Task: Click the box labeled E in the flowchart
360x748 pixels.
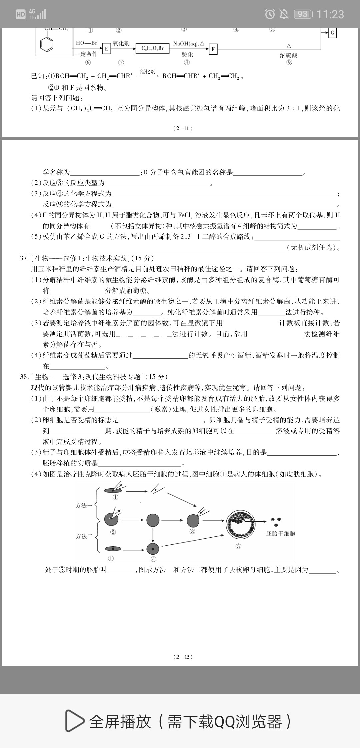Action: [106, 49]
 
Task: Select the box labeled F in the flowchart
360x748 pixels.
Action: [213, 50]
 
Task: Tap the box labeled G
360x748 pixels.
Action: [332, 33]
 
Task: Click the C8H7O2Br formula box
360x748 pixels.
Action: [153, 49]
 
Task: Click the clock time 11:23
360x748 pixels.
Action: [330, 14]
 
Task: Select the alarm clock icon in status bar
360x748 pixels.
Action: [270, 14]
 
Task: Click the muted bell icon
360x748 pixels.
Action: [284, 14]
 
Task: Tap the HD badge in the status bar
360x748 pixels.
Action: [21, 14]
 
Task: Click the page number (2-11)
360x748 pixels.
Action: [183, 128]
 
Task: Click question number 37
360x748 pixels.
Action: [24, 258]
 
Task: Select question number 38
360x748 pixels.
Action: [24, 377]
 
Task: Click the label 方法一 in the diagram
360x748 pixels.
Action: [84, 506]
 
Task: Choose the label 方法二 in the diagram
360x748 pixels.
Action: [84, 536]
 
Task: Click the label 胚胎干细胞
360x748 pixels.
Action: [281, 534]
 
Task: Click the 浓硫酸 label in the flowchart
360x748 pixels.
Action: [289, 55]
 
